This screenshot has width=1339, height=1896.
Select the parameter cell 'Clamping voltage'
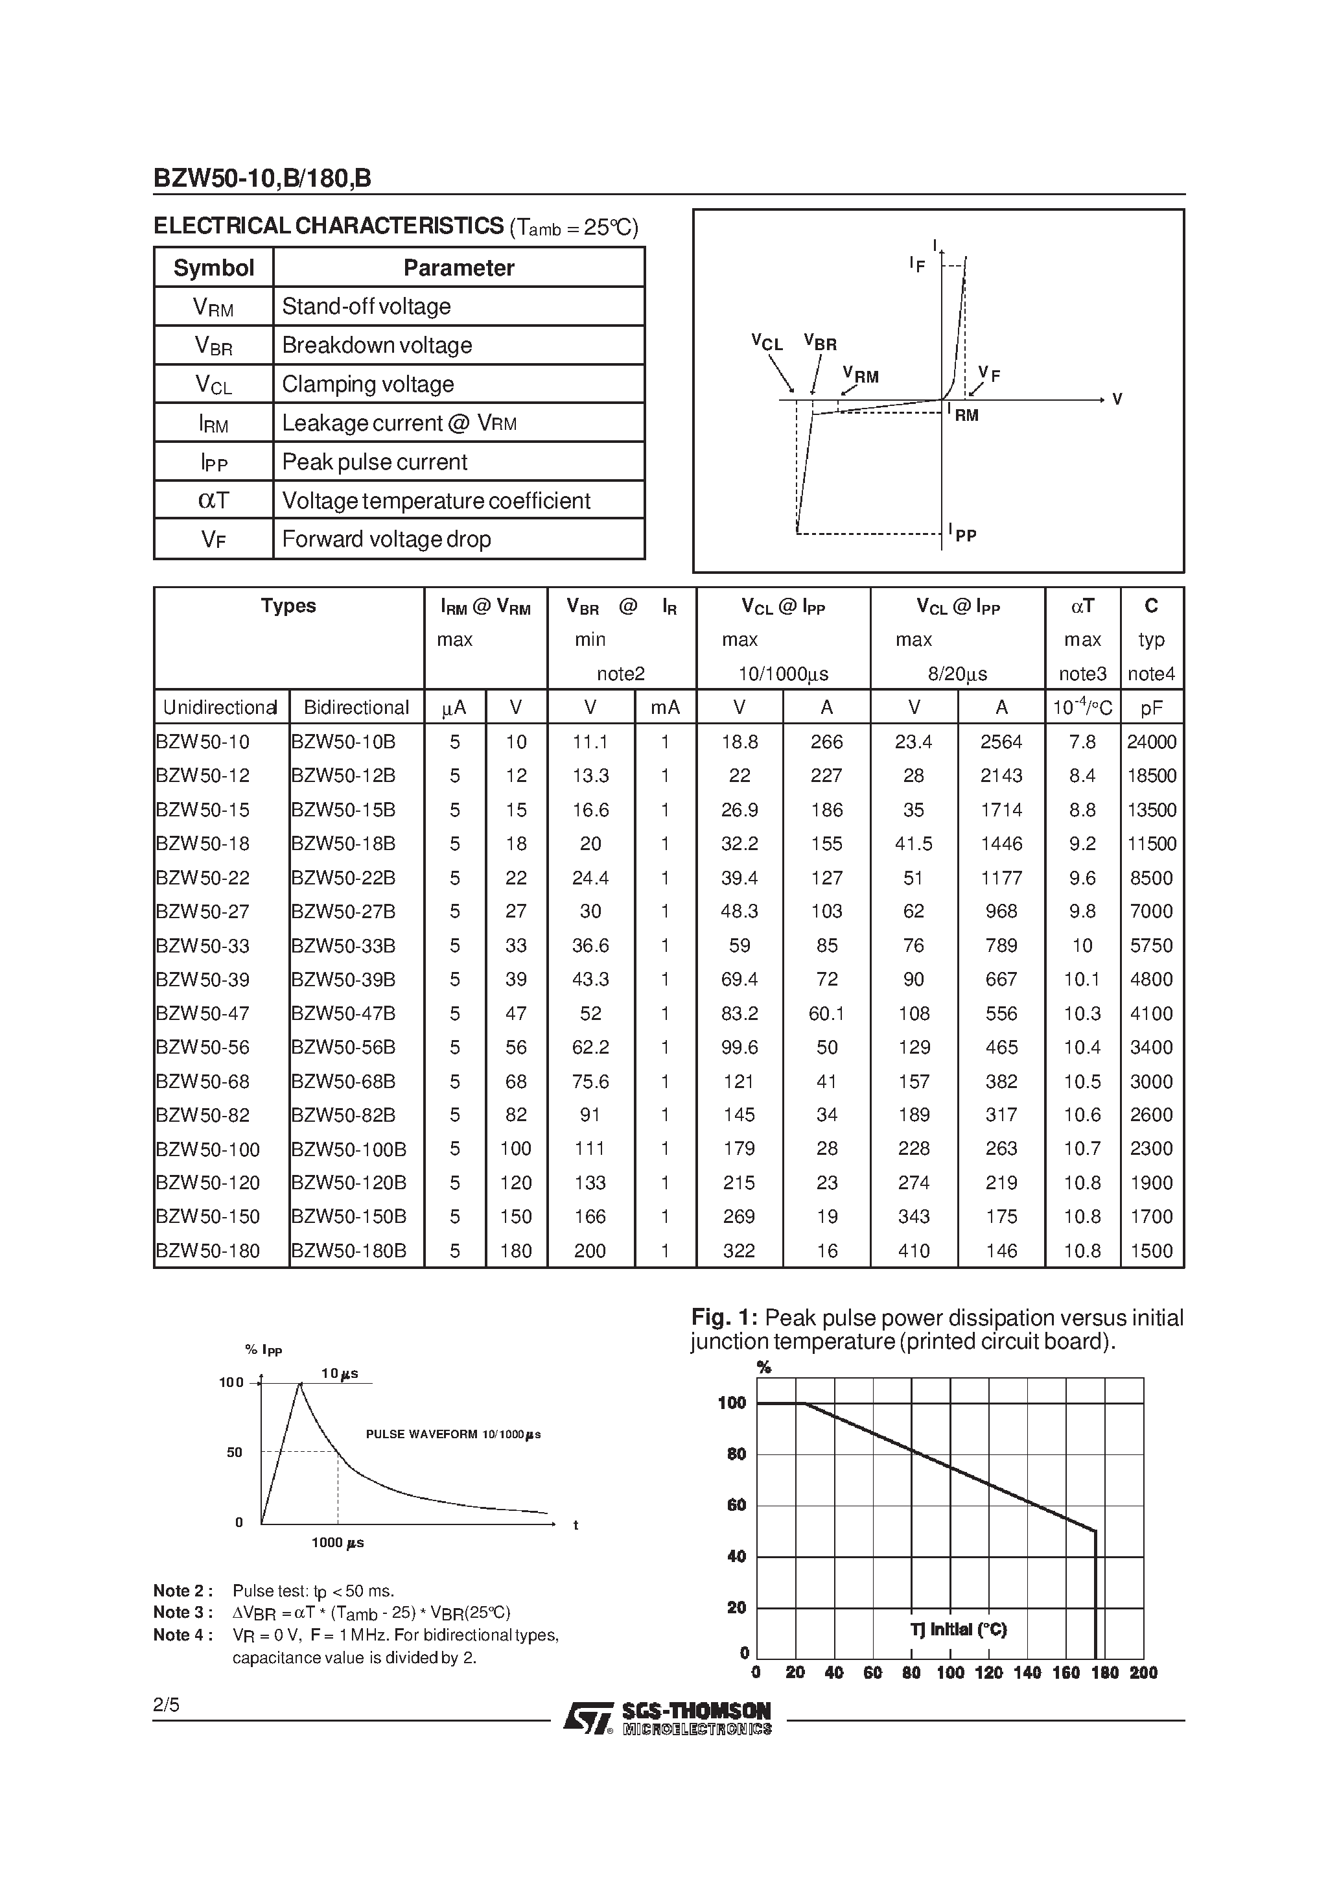click(x=367, y=384)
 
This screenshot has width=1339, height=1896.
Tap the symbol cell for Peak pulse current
click(x=214, y=462)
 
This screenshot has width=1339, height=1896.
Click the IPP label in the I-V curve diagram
click(x=962, y=534)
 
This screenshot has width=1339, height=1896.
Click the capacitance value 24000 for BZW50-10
click(x=1151, y=742)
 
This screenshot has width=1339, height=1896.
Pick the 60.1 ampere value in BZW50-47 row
click(x=826, y=1013)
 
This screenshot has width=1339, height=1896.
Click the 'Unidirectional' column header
click(x=220, y=707)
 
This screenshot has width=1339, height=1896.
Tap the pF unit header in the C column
click(x=1151, y=707)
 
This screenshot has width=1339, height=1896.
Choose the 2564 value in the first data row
click(x=1001, y=742)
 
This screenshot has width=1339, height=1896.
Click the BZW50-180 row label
click(x=208, y=1250)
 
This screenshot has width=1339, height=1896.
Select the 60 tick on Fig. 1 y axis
click(x=736, y=1504)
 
